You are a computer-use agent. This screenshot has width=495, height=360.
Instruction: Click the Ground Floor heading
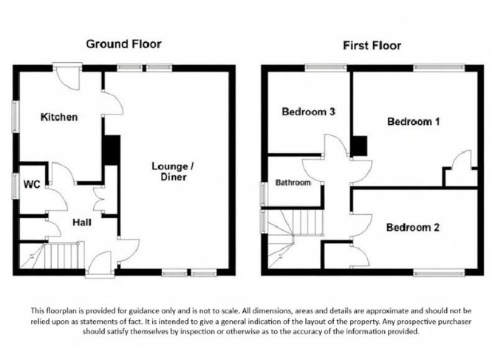(124, 44)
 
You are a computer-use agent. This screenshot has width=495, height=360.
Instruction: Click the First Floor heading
(372, 46)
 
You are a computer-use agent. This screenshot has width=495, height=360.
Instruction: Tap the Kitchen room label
(59, 117)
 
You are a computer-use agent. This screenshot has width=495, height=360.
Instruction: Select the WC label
(32, 184)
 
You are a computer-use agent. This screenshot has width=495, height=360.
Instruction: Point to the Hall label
(82, 223)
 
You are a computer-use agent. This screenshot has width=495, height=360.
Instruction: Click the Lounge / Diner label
(173, 171)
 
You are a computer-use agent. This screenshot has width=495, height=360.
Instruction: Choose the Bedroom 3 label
(308, 112)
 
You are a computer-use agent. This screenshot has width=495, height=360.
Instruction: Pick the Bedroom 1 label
(413, 121)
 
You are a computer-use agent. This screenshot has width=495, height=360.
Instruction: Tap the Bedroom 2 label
(412, 228)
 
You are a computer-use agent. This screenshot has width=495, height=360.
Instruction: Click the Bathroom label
(293, 183)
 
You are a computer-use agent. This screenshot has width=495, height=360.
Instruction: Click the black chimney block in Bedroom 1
(360, 146)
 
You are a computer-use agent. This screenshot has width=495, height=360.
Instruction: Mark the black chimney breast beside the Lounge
(112, 150)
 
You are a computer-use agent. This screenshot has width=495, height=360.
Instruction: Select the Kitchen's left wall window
(15, 116)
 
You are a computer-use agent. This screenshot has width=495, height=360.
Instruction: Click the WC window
(15, 186)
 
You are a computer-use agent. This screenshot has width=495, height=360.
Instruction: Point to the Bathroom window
(263, 194)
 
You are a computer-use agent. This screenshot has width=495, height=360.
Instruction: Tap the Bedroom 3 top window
(326, 67)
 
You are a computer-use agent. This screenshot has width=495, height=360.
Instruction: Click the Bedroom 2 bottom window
(439, 272)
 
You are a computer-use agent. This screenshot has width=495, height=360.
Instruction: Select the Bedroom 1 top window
(439, 67)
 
